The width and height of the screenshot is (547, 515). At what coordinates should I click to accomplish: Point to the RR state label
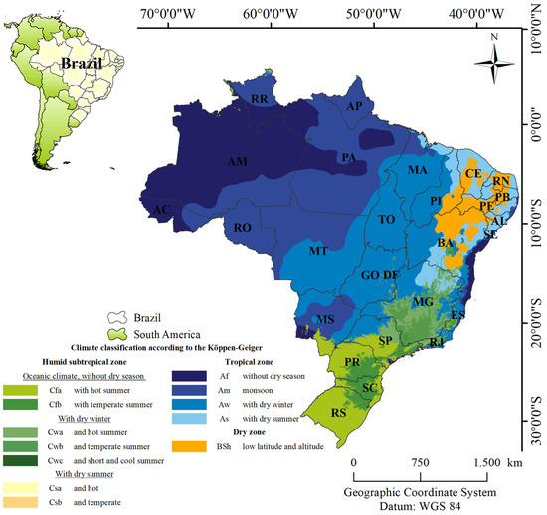260,100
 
